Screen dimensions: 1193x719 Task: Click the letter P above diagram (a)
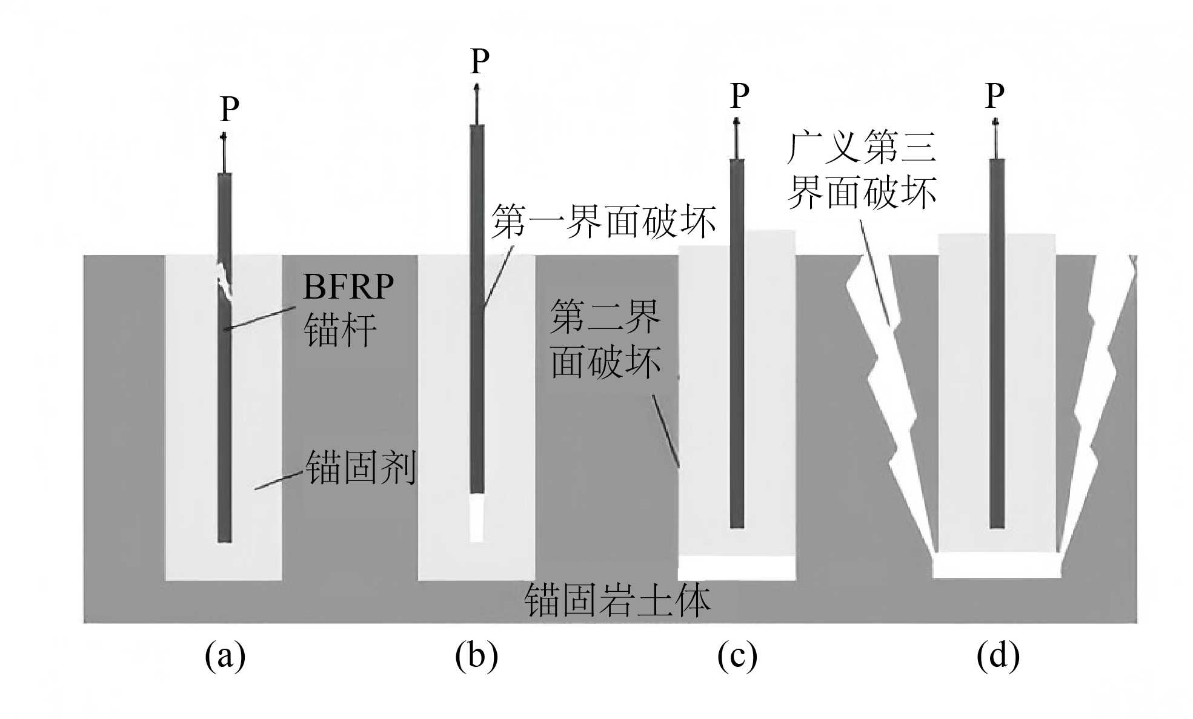click(x=230, y=109)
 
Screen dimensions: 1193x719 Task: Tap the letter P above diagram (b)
click(x=480, y=61)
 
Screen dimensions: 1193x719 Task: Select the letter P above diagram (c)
click(x=740, y=95)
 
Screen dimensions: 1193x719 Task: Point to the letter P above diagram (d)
click(x=995, y=95)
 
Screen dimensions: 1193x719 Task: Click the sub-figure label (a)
click(x=225, y=655)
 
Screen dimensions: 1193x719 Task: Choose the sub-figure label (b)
click(x=477, y=655)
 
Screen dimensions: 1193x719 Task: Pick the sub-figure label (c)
click(x=737, y=655)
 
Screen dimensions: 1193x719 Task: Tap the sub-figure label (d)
click(x=998, y=655)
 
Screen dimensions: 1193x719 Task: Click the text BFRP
click(x=348, y=287)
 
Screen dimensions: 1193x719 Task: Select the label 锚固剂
click(x=361, y=468)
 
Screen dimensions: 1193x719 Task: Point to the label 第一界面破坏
click(x=603, y=221)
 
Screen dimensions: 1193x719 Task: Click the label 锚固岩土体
click(x=617, y=600)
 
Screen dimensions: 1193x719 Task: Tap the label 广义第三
click(x=862, y=147)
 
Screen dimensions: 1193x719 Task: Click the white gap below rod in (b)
click(x=477, y=518)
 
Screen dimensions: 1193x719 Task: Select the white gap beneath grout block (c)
click(x=736, y=568)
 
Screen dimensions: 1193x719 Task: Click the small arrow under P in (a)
click(x=224, y=151)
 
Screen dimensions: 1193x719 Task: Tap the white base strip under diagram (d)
click(x=997, y=566)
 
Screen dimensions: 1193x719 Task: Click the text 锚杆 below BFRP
click(x=340, y=331)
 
